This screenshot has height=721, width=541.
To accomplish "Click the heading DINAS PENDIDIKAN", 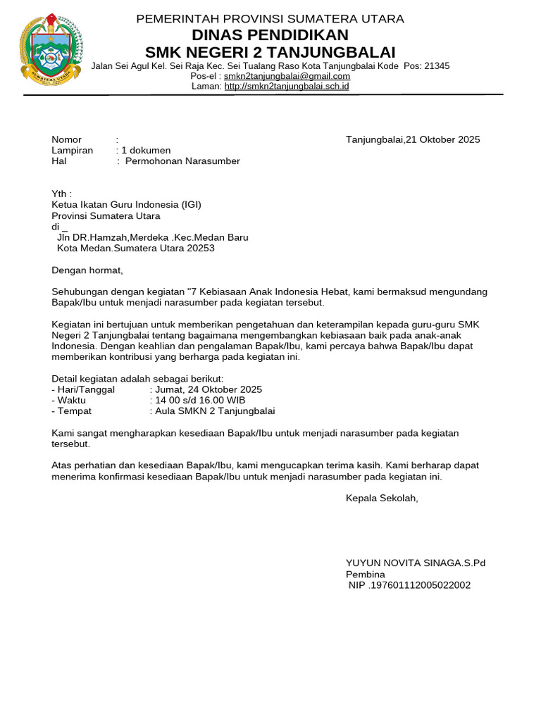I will click(270, 35).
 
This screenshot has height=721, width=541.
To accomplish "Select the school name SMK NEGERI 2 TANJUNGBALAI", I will click(270, 53).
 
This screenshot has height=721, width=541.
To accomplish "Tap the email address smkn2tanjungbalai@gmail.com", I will click(287, 76).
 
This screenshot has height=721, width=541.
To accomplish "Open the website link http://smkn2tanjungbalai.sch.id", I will click(287, 87).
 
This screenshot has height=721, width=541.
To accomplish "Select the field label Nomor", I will click(67, 139).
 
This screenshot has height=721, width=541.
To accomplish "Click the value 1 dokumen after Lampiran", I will click(146, 150).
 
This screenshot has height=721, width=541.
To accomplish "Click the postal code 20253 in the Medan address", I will click(200, 249).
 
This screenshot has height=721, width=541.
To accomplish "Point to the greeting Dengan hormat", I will click(87, 270).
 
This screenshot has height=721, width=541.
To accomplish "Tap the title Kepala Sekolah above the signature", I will click(382, 499).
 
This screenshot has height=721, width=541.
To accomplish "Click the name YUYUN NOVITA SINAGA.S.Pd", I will click(416, 563).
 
